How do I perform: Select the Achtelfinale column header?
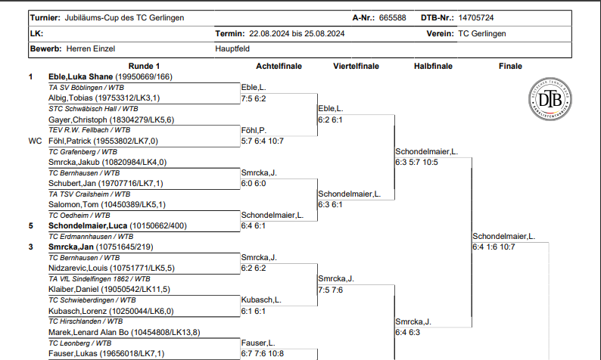[279, 67]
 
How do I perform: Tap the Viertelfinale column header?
[356, 67]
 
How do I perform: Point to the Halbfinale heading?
[433, 67]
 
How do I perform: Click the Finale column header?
[510, 67]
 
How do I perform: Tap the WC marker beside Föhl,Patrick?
[35, 141]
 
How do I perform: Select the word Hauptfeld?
[234, 49]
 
